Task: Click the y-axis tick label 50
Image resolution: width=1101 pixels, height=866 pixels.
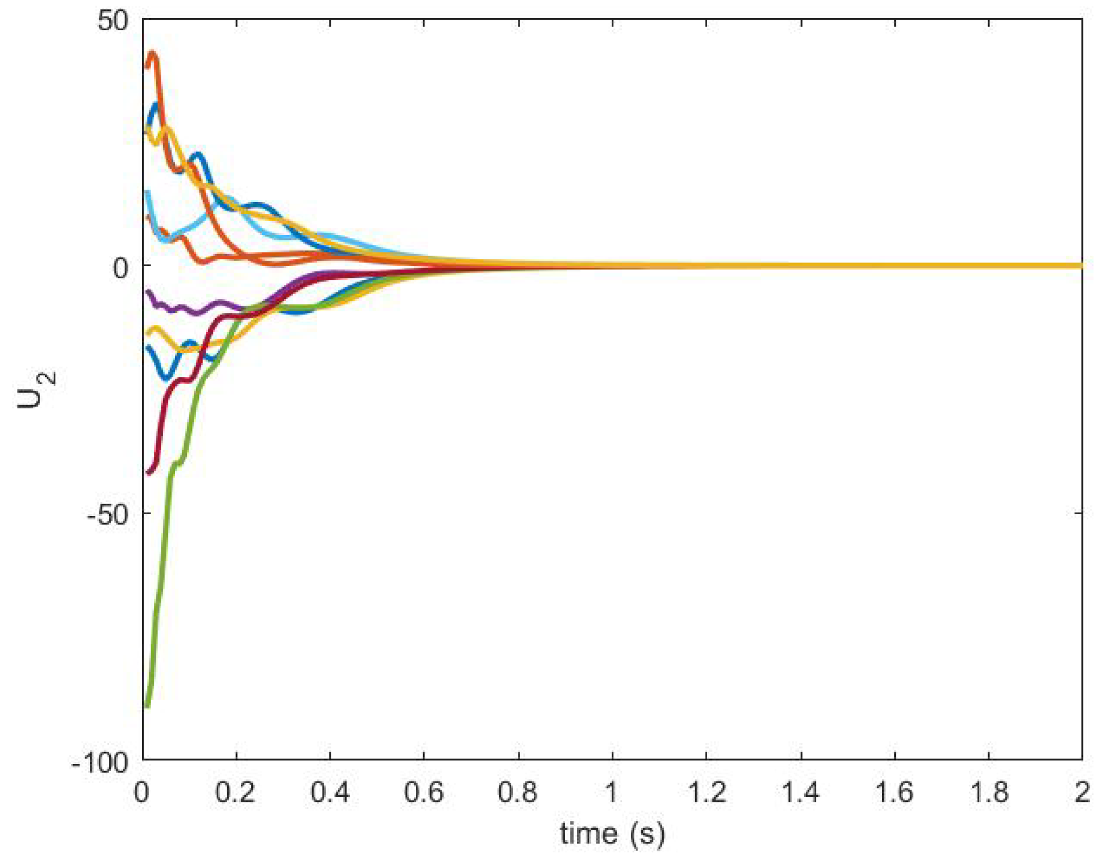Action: [112, 21]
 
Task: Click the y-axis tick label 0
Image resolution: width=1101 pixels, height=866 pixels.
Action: [120, 268]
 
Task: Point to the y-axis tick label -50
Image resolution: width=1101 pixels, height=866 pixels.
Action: [108, 515]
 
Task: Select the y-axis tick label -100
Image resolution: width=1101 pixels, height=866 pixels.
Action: [100, 762]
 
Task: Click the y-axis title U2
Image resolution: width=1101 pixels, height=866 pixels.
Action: [36, 390]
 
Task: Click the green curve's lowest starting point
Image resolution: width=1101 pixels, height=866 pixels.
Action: [146, 706]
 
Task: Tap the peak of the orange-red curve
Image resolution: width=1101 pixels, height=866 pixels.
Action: [153, 54]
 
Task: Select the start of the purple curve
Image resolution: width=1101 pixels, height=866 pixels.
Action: [147, 291]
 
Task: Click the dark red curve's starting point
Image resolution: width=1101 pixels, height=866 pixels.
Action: [148, 473]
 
